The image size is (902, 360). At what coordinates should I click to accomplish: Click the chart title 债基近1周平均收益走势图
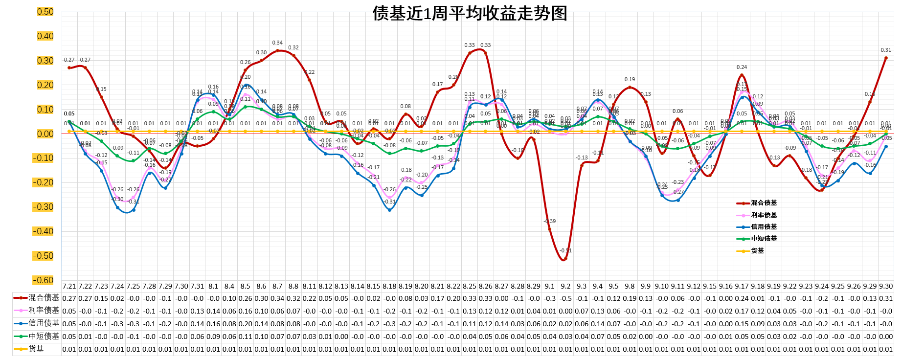click(470, 13)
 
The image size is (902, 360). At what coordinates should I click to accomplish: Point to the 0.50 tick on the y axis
click(45, 12)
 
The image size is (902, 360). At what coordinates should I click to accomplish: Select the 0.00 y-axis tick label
click(45, 134)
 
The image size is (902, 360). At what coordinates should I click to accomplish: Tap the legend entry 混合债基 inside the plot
click(764, 203)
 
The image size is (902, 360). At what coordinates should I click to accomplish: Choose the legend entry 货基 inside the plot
click(757, 251)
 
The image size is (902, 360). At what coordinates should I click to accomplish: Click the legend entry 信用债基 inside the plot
click(764, 227)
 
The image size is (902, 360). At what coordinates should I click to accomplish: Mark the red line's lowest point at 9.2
click(565, 259)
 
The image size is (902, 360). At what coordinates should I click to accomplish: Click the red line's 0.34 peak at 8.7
click(277, 50)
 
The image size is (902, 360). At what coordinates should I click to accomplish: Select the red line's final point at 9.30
click(886, 58)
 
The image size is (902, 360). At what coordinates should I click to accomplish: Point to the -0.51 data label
click(565, 250)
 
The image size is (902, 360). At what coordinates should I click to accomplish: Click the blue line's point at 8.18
click(389, 210)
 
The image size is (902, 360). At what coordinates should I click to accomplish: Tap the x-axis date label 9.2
click(565, 286)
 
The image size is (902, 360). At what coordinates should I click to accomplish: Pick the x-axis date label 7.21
click(69, 286)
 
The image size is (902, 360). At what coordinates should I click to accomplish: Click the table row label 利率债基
click(44, 311)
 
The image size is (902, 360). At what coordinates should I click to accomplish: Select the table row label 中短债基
click(44, 336)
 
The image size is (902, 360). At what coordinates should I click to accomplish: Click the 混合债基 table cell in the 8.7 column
click(277, 298)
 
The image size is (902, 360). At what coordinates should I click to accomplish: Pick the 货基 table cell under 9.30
click(886, 349)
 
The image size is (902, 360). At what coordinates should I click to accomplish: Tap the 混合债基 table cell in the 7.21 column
click(69, 298)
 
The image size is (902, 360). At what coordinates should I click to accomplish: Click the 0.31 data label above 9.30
click(886, 50)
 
